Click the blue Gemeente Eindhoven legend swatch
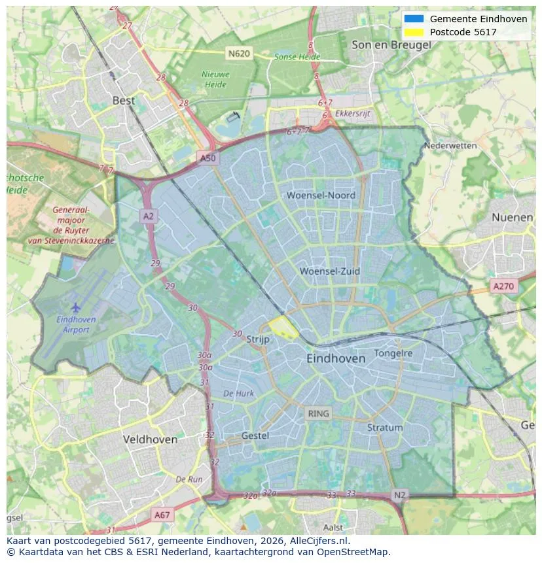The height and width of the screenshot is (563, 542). point(414,19)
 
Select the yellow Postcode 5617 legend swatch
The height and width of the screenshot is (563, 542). point(414,32)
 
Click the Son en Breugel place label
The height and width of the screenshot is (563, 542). point(391,44)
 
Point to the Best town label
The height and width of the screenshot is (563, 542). point(124,100)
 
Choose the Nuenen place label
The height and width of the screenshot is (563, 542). point(512,217)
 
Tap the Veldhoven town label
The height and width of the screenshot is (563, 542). point(150,439)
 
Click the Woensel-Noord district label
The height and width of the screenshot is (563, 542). point(321,195)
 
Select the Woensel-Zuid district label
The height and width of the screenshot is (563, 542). point(330,271)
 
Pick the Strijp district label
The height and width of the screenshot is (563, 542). point(258,339)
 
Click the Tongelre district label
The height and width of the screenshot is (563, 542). point(393,353)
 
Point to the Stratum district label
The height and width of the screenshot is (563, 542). point(385,428)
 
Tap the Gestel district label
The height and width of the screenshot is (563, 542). point(255,435)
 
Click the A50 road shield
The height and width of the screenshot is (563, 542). point(207,158)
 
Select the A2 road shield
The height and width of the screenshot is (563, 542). point(149,216)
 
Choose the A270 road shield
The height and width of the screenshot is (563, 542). point(503,286)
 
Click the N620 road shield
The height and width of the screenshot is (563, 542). point(239,53)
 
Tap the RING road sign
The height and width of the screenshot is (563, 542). point(319,413)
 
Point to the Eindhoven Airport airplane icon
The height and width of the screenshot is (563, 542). point(76,307)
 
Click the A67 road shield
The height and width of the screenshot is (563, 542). point(162,515)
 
